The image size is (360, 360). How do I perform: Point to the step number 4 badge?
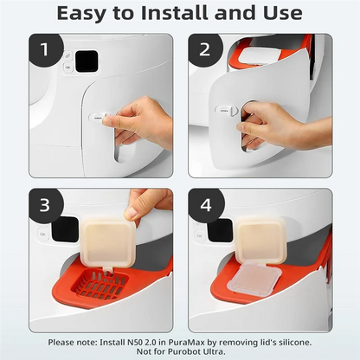206,206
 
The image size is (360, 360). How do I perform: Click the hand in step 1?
143,121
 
